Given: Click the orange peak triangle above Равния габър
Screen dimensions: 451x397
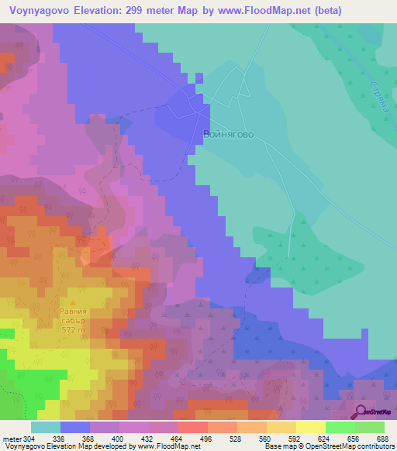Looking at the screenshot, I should [74, 303].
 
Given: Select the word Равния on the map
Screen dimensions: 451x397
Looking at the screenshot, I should [74, 312].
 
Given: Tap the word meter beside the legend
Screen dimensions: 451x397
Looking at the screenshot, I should [10, 438].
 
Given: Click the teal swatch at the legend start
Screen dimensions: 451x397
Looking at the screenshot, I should [45, 427].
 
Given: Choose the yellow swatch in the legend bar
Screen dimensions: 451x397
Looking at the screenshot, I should [310, 427].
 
